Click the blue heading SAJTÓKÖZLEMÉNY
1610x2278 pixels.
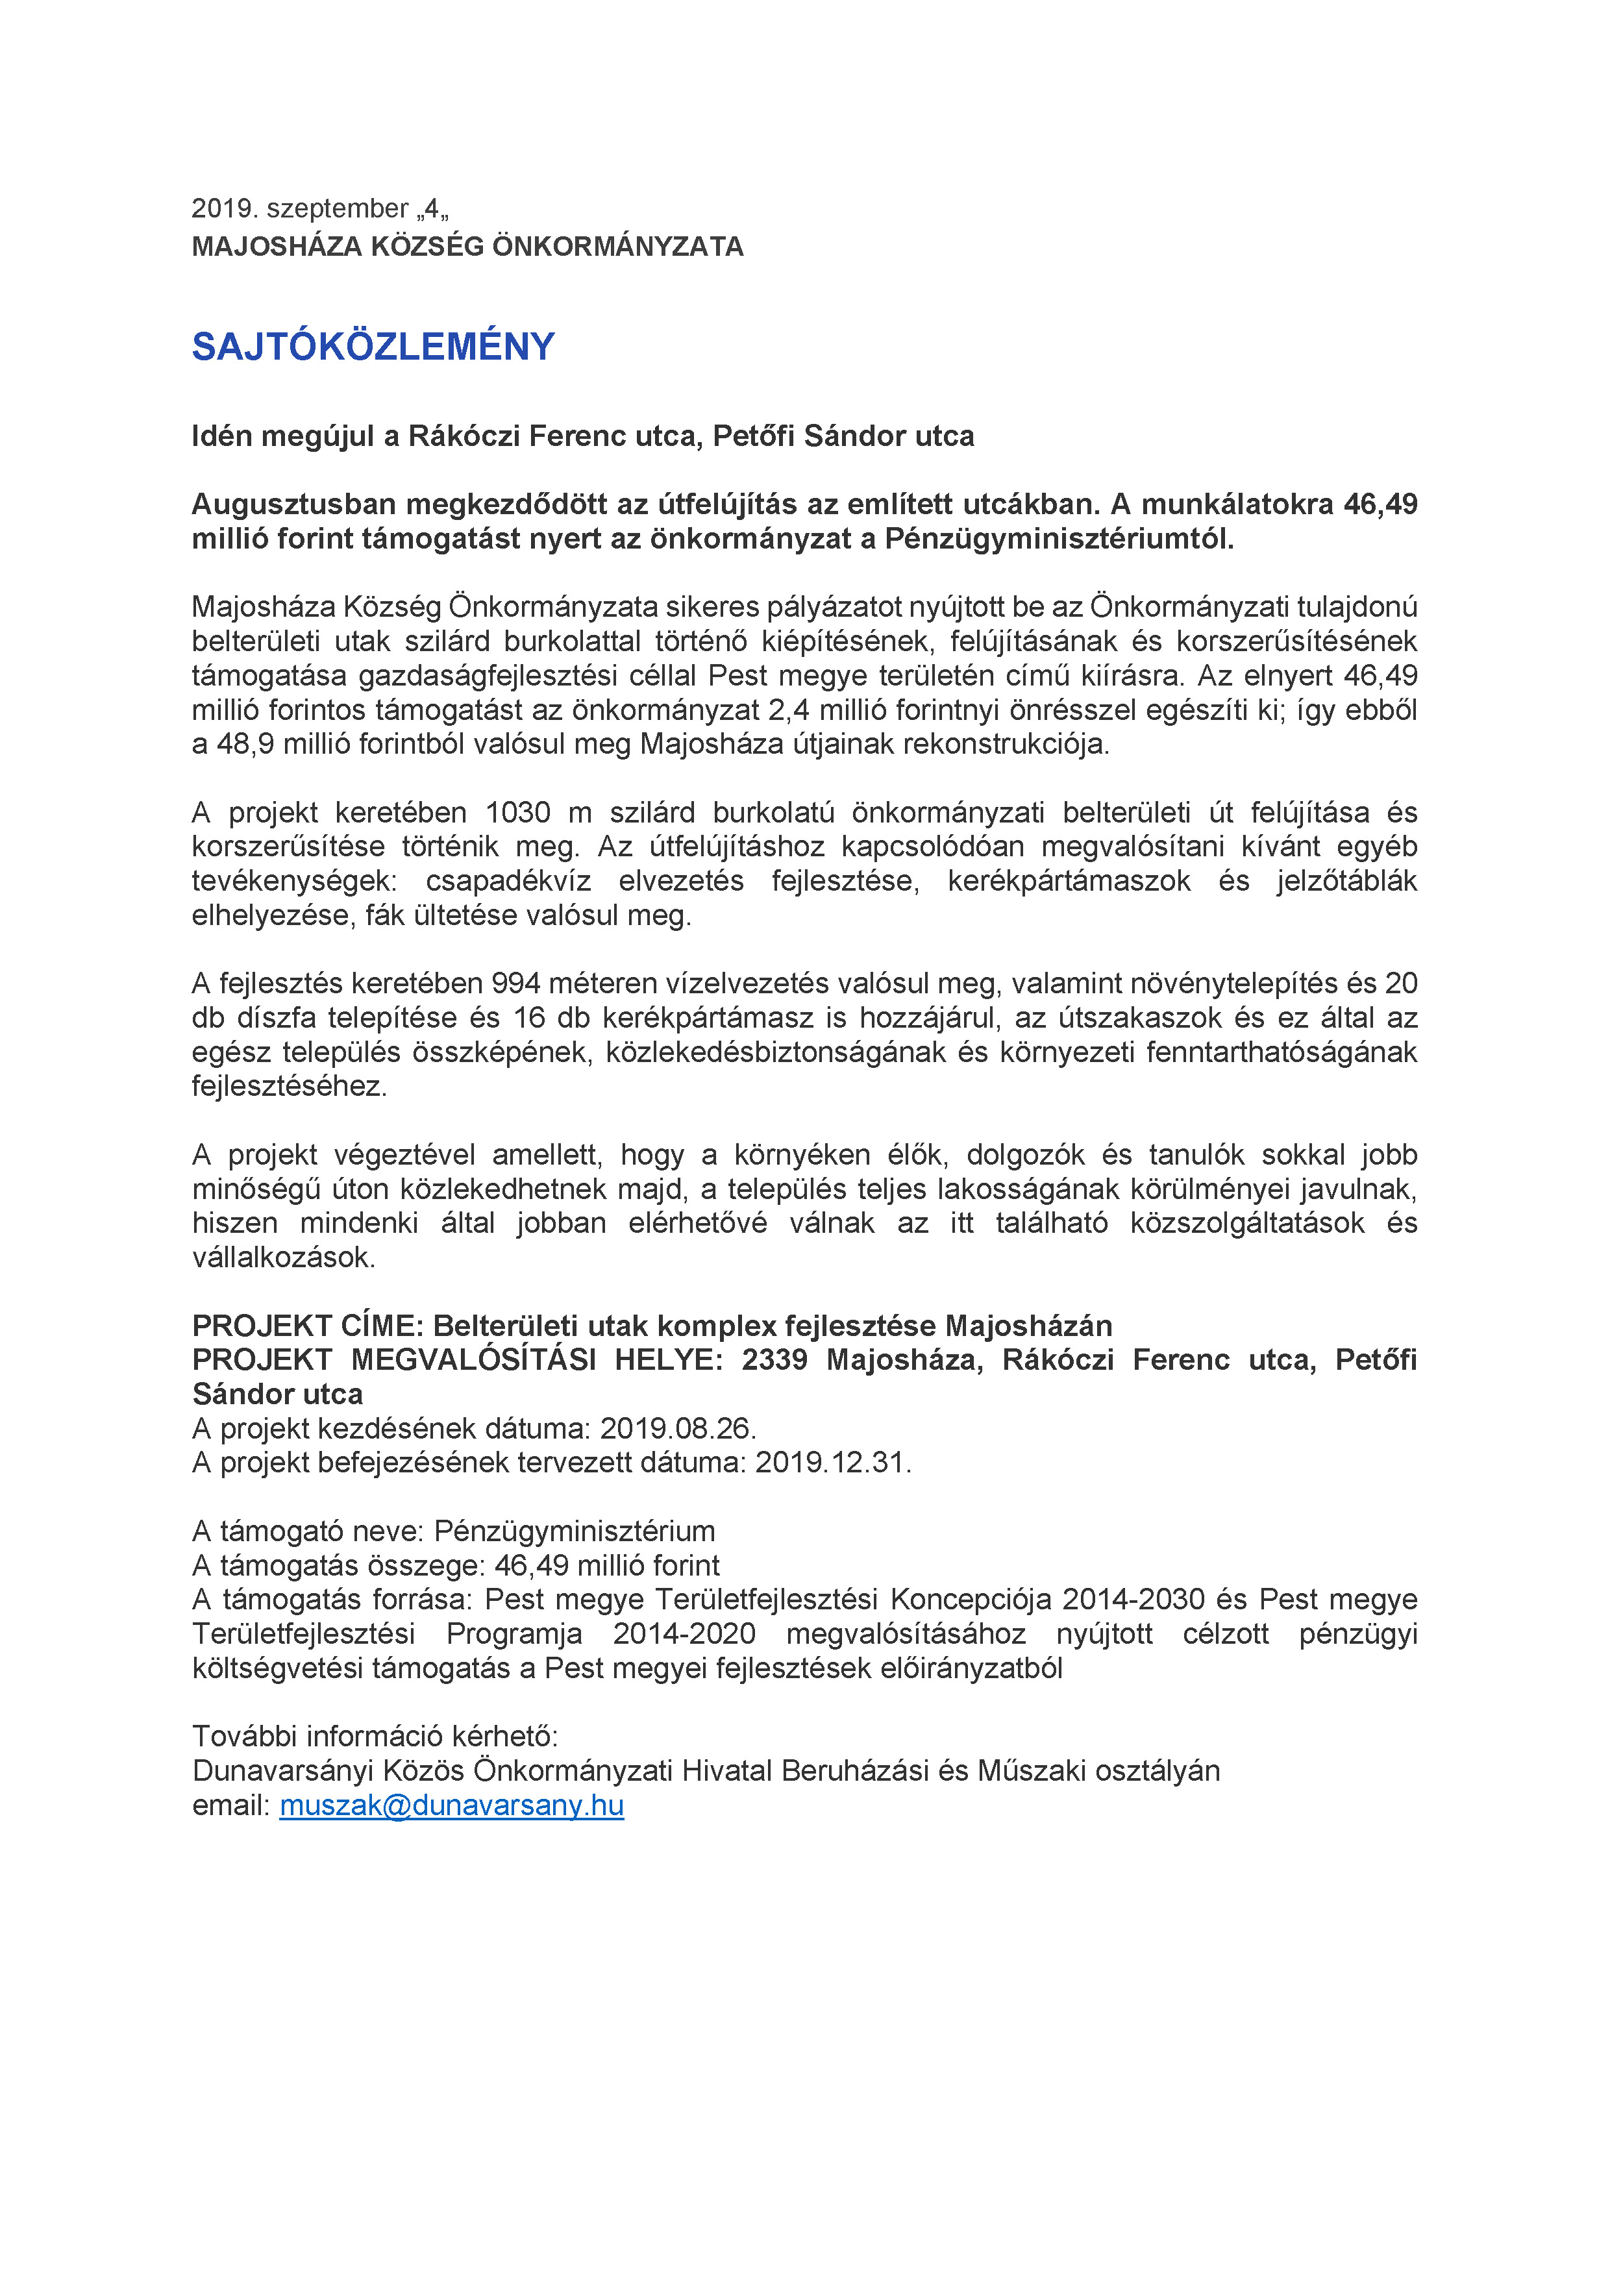[x=373, y=346]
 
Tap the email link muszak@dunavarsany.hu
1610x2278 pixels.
[x=451, y=1805]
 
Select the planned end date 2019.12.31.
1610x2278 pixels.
[x=832, y=1463]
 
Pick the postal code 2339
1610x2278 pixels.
[x=774, y=1359]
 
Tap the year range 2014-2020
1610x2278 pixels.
[x=684, y=1634]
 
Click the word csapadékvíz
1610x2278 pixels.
[x=508, y=881]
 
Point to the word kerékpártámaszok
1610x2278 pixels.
[x=1069, y=881]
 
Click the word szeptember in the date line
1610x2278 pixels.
[x=338, y=208]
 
